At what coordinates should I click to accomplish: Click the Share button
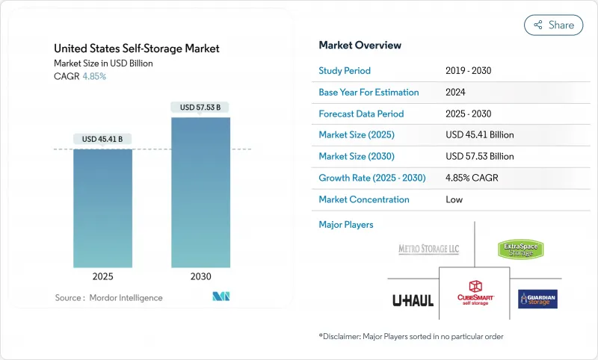click(553, 25)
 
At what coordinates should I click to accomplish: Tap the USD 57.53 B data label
click(200, 108)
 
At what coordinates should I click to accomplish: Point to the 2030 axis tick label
click(200, 276)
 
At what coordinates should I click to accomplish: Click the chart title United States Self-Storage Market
click(137, 49)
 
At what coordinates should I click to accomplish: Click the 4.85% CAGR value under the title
click(93, 77)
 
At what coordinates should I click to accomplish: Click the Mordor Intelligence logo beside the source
click(221, 297)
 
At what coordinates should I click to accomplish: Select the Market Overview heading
click(359, 46)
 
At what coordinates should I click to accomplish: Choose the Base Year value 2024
click(456, 93)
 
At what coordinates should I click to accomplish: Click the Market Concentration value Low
click(454, 200)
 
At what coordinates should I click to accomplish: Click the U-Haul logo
click(413, 300)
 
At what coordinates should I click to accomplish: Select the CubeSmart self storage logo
click(475, 292)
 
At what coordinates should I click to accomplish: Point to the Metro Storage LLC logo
click(428, 249)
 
